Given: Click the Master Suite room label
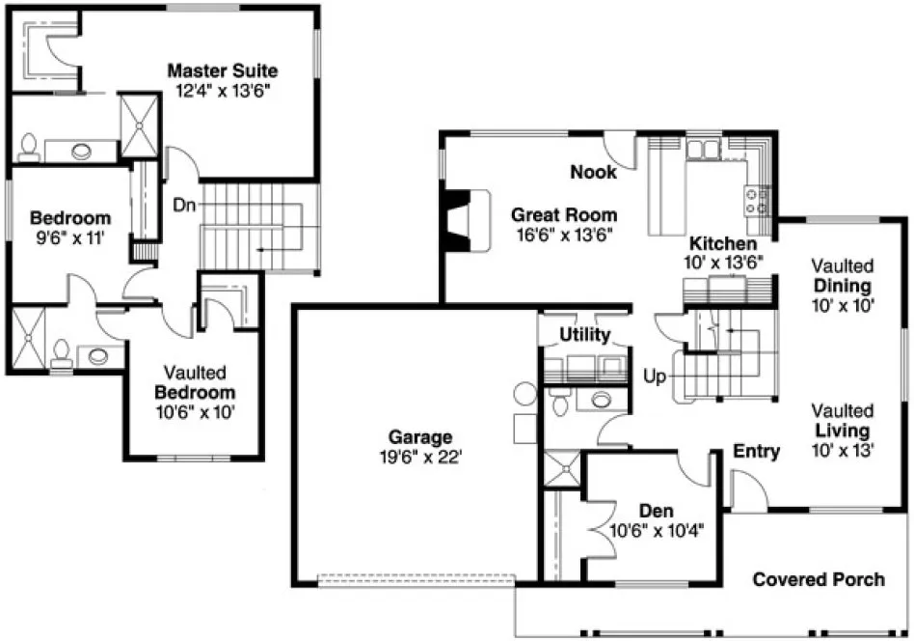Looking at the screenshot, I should (x=223, y=70).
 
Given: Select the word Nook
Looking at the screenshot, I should (x=592, y=172).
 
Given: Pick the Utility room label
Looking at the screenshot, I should (x=585, y=335).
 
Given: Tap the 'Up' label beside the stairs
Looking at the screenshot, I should (x=656, y=376).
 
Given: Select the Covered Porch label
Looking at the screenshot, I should (x=818, y=579).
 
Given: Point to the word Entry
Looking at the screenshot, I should (x=756, y=451).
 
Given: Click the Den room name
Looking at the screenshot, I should (x=655, y=511).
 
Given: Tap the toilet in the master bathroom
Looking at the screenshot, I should (x=28, y=147).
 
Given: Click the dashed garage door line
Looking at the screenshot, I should (x=417, y=580).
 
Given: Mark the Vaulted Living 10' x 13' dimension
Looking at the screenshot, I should (x=842, y=450).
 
